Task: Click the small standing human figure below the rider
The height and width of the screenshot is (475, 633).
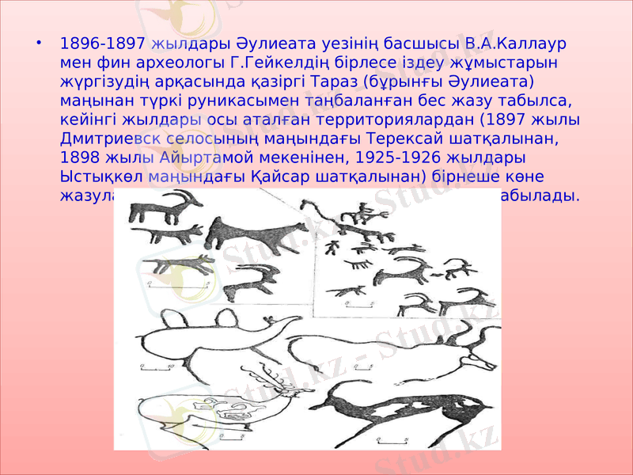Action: point(332,248)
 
